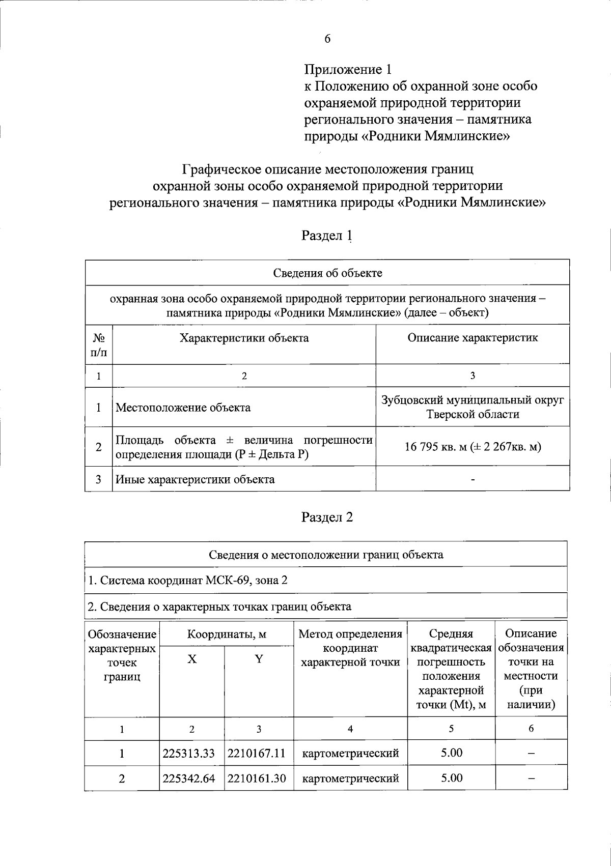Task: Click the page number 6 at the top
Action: point(327,39)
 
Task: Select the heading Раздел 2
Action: point(327,517)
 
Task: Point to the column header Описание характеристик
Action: point(473,338)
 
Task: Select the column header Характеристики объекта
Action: point(244,338)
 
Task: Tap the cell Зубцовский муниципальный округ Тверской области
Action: point(473,407)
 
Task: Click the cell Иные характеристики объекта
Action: point(195,479)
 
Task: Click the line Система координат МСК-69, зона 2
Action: point(188,580)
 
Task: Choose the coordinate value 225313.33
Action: point(189,753)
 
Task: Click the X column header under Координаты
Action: point(191,659)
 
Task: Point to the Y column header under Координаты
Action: point(259,659)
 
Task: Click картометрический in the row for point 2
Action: point(350,778)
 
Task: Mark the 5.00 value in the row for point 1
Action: point(452,753)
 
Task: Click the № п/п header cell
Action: point(99,344)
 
